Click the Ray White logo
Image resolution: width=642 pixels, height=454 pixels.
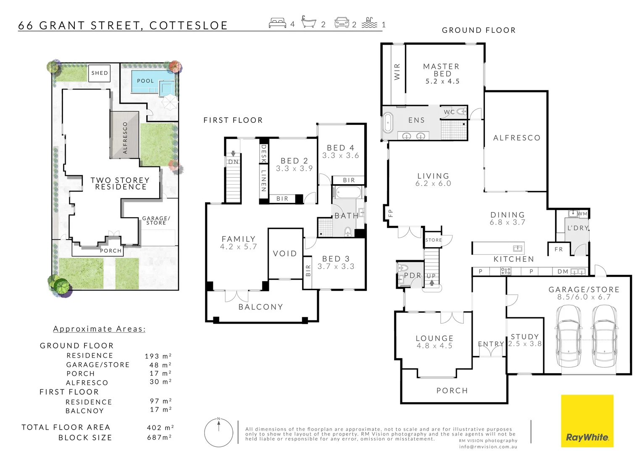(x=587, y=421)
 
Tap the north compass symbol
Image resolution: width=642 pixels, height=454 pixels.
(x=218, y=433)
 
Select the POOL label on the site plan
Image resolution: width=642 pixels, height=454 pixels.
(x=145, y=81)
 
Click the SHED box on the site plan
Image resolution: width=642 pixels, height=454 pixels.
(x=100, y=73)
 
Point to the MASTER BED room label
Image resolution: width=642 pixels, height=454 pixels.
(x=442, y=70)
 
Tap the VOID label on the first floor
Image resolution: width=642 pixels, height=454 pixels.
(x=285, y=253)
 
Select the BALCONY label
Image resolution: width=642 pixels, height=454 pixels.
(x=260, y=307)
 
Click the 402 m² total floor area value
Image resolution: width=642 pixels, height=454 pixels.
(x=160, y=428)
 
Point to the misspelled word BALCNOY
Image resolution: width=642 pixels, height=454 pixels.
(x=84, y=411)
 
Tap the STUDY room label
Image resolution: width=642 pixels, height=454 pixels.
(x=524, y=336)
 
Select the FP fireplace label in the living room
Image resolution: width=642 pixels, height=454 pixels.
(x=389, y=213)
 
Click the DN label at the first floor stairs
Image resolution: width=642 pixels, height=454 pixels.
(x=233, y=162)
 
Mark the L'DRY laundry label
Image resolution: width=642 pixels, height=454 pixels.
(x=578, y=228)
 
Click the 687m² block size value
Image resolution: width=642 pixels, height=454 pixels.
(x=160, y=438)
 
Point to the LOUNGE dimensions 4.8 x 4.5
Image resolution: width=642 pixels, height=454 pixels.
(x=434, y=346)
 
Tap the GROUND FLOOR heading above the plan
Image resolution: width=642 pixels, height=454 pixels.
(x=479, y=30)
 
